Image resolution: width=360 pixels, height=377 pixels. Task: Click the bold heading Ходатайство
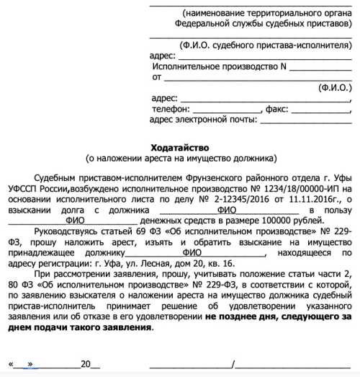(x=180, y=146)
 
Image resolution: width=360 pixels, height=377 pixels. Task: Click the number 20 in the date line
(x=86, y=363)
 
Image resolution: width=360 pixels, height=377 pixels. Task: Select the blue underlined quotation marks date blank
(x=31, y=363)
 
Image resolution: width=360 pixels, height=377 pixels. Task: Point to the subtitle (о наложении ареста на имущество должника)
(x=180, y=157)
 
